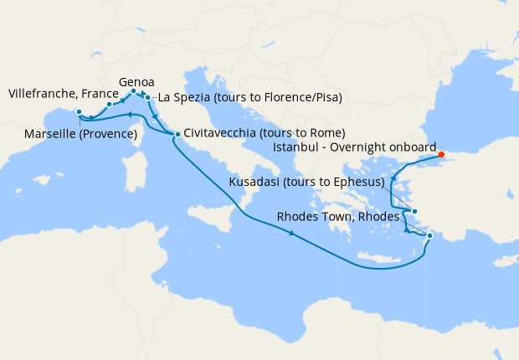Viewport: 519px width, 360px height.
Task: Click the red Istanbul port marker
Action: [x=441, y=154]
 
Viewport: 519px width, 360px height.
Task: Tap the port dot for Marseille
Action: [x=79, y=112]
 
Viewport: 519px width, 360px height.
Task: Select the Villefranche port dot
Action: [x=110, y=105]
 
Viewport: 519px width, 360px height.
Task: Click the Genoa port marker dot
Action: [x=134, y=91]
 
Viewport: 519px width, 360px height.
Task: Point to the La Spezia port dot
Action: [x=148, y=98]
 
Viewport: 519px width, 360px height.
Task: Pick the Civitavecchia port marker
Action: [x=177, y=134]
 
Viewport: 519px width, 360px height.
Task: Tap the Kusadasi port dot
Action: [x=414, y=212]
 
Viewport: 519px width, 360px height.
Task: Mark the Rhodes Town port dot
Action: [x=429, y=236]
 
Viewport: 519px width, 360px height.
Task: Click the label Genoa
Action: [x=136, y=82]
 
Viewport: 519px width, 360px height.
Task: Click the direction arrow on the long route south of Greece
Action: [x=291, y=234]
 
